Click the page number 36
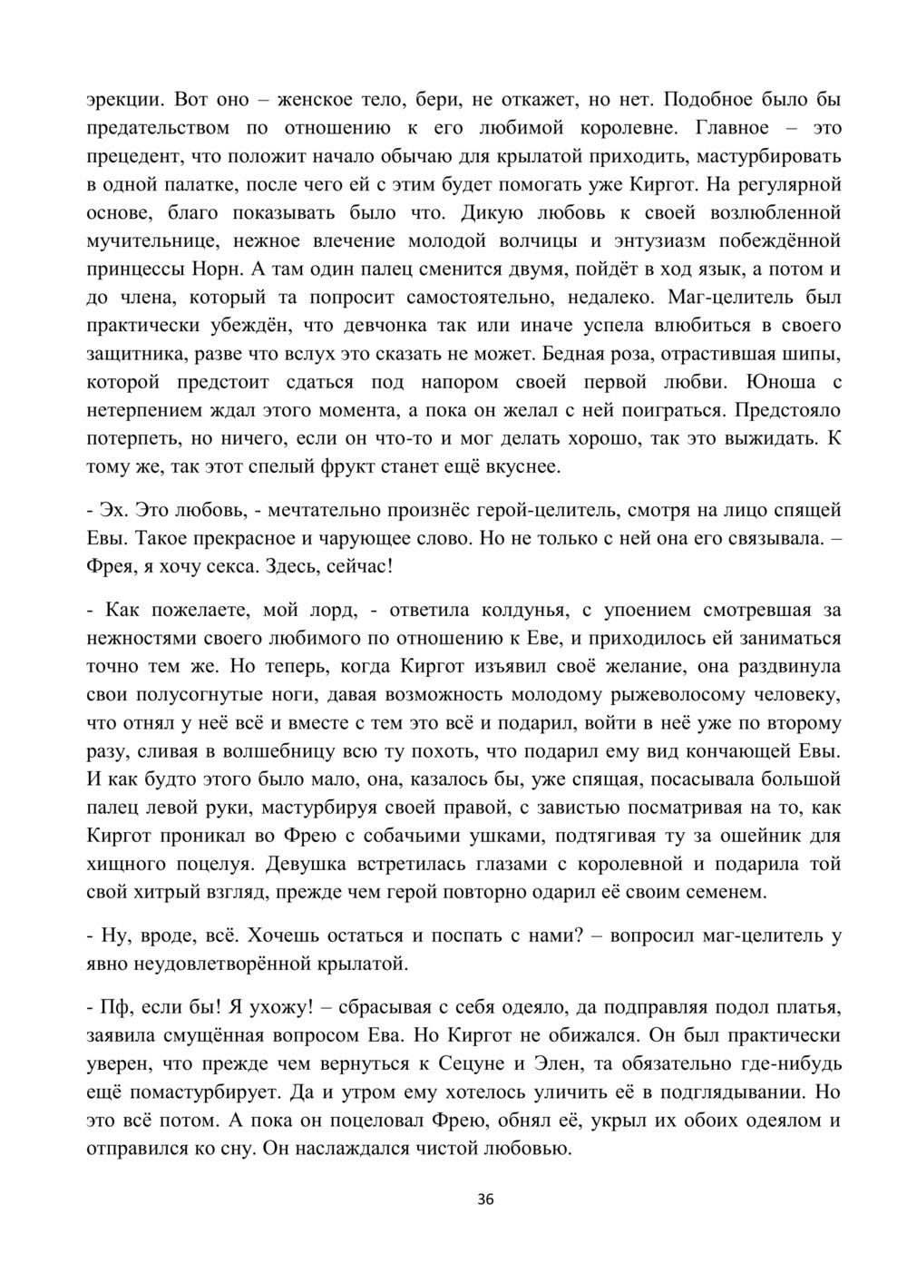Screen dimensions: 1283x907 coord(484,1200)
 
